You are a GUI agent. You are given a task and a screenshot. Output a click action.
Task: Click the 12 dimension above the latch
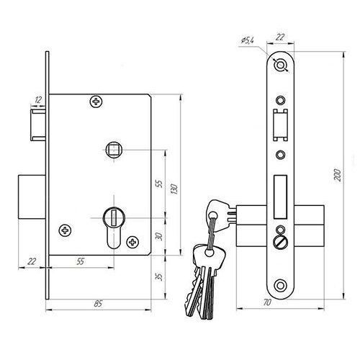coord(38,99)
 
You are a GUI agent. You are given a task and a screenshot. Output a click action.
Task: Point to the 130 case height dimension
coord(174,189)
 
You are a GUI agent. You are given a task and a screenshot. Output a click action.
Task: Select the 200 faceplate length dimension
coord(337,175)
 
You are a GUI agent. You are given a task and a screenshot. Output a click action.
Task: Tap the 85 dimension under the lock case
coord(98,304)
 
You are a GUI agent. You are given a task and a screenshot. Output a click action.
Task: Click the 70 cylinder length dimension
coord(267,302)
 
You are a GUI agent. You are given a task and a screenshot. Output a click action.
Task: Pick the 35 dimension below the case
coord(159,276)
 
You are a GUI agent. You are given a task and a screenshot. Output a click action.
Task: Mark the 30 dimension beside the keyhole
coord(159,237)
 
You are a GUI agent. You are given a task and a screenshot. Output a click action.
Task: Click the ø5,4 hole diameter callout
coord(247,40)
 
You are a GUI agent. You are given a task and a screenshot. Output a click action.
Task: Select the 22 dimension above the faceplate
coord(280,37)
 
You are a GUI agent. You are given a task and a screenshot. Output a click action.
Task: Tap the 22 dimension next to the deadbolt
coord(32,261)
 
